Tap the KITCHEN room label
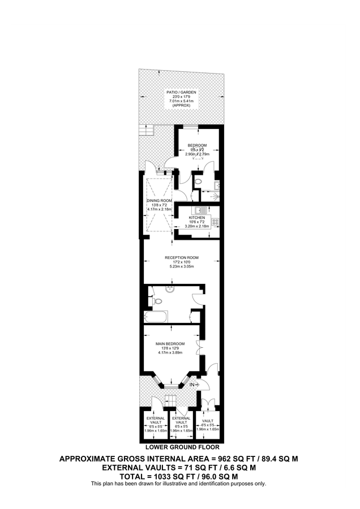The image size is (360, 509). point(196,217)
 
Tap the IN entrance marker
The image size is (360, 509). point(192,385)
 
